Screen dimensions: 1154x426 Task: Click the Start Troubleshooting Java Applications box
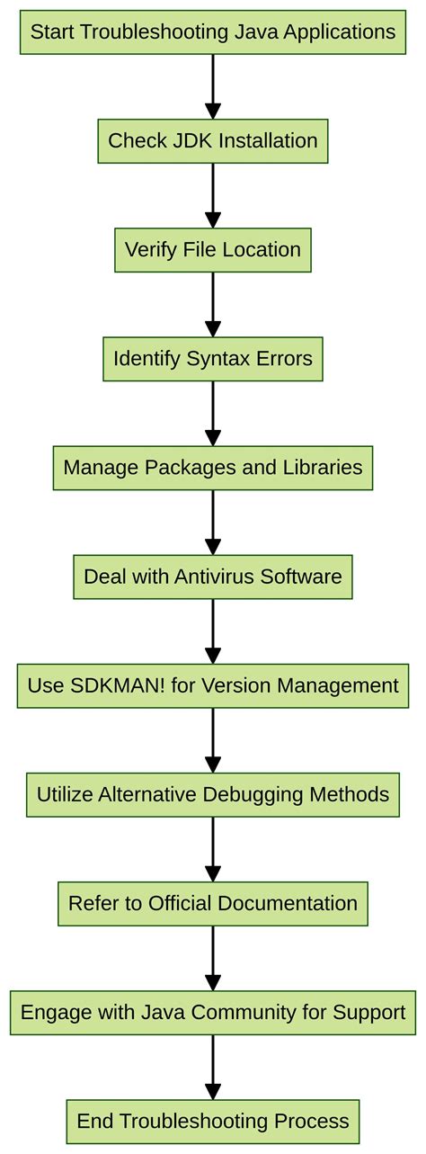click(213, 32)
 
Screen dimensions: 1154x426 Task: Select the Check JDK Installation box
click(213, 141)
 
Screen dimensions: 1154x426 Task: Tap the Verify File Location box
click(213, 250)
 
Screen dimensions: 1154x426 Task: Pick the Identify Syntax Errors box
click(213, 359)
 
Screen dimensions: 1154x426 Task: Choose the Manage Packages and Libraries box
click(213, 468)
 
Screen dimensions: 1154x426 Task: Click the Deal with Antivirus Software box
click(213, 577)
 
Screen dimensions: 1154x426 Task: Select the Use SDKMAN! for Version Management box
click(213, 685)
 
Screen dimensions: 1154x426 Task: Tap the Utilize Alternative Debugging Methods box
click(213, 794)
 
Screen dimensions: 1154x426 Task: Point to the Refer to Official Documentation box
click(213, 903)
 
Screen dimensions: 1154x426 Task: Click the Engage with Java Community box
click(213, 1013)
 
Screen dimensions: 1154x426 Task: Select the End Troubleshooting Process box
click(213, 1122)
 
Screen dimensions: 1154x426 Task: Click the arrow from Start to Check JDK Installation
click(213, 86)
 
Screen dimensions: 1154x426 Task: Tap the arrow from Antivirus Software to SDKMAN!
click(213, 631)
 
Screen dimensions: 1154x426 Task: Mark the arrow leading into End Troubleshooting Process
click(213, 1067)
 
